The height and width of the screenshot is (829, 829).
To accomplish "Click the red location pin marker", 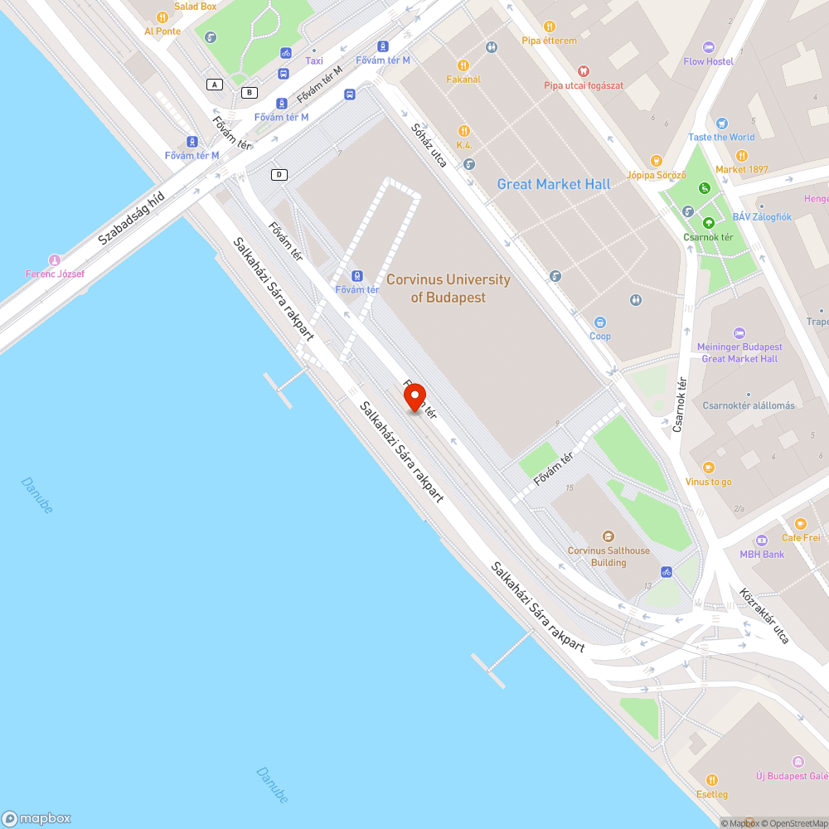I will pyautogui.click(x=414, y=398).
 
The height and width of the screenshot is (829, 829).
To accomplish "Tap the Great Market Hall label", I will pyautogui.click(x=554, y=184).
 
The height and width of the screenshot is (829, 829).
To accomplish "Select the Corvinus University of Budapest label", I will pyautogui.click(x=448, y=288).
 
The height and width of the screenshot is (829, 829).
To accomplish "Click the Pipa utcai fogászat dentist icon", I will pyautogui.click(x=583, y=71).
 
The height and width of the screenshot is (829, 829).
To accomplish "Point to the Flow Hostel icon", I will pyautogui.click(x=708, y=47).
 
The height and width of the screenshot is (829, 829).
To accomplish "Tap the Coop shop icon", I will pyautogui.click(x=600, y=322).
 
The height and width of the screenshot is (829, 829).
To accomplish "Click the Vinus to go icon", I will pyautogui.click(x=708, y=468).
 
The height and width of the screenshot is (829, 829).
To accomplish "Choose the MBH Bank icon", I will pyautogui.click(x=762, y=541).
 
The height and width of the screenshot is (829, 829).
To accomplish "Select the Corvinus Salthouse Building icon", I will pyautogui.click(x=608, y=537).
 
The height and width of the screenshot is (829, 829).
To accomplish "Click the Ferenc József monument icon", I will pyautogui.click(x=55, y=260).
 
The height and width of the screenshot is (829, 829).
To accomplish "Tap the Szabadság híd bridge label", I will pyautogui.click(x=132, y=218).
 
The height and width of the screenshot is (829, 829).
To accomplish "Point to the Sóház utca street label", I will pyautogui.click(x=429, y=145).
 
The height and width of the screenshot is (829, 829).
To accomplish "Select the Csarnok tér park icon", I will pyautogui.click(x=709, y=222).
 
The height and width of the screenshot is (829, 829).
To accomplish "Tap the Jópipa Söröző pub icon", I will pyautogui.click(x=657, y=161).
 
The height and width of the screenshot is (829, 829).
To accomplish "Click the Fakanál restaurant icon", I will pyautogui.click(x=463, y=65).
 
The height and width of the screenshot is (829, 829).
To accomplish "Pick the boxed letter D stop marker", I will pyautogui.click(x=279, y=174).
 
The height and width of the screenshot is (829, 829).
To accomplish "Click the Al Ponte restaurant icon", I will pyautogui.click(x=162, y=17).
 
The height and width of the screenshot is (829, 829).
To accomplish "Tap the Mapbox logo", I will pyautogui.click(x=36, y=818).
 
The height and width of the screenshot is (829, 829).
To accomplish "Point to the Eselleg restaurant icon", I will pyautogui.click(x=711, y=780).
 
